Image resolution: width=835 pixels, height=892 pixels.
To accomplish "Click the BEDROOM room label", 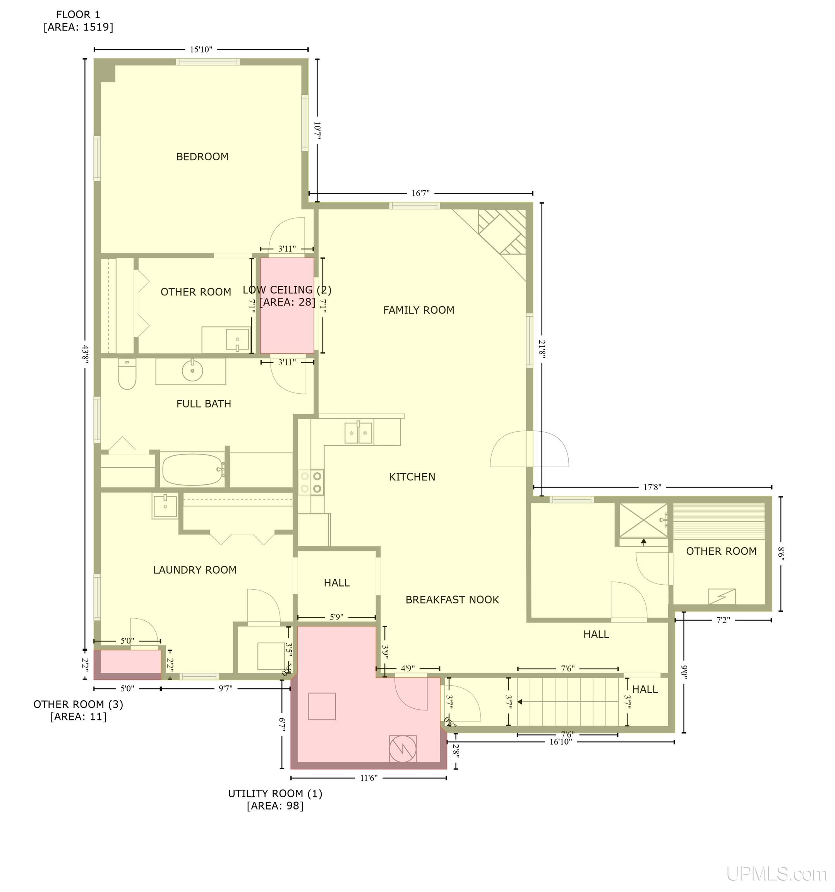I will [202, 156].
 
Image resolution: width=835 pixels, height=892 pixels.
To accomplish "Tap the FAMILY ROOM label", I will [418, 310].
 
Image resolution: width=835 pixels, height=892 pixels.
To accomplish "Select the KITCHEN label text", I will [411, 477].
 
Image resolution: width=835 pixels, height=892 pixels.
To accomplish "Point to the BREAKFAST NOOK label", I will [452, 600].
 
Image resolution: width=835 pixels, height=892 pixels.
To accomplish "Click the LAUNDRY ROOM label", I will [194, 570].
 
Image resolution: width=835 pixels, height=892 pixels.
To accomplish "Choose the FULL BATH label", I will [203, 404].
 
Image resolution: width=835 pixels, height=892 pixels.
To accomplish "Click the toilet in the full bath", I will [127, 374].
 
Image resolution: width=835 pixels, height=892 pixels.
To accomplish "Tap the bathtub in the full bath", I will [193, 469].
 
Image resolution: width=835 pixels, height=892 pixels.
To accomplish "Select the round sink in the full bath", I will [192, 371].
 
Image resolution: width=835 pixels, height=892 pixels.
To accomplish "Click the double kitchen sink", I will [358, 433].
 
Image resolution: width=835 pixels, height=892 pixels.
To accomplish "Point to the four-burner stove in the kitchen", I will [311, 482].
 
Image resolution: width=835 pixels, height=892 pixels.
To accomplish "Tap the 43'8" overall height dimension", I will [85, 355].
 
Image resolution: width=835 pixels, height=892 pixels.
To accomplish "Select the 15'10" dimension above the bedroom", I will [201, 49].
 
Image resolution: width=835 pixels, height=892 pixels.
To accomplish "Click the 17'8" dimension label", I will [652, 487].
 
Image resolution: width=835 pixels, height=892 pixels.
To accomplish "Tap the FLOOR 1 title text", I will [78, 15].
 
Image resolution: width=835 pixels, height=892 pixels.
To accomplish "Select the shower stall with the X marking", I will [643, 520].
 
